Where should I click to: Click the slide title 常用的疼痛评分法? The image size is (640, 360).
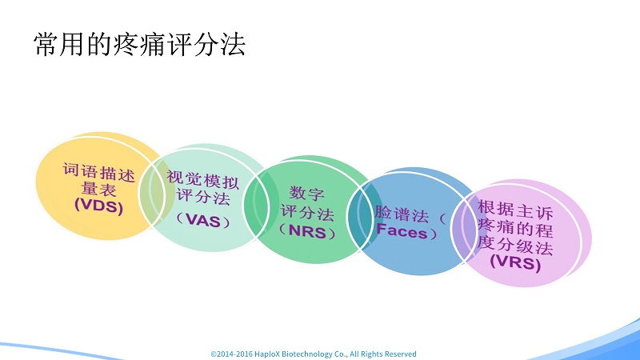pos(139,44)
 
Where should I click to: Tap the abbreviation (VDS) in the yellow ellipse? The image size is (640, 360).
pos(98,206)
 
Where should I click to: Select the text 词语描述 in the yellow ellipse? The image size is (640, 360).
pos(98,172)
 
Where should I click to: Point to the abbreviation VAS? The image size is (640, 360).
pos(203,221)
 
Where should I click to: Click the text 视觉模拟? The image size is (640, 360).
pos(203,180)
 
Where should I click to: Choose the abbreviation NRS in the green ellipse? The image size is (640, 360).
pos(307,231)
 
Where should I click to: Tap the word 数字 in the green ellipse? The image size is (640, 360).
pos(307,193)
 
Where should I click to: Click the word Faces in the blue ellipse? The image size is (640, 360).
pos(402,231)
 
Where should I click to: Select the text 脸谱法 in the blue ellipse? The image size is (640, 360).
pos(402,214)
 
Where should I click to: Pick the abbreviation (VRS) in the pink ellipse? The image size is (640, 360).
pos(515,262)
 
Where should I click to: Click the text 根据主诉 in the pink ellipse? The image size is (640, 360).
pos(515,210)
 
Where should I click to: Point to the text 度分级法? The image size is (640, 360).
pos(515,246)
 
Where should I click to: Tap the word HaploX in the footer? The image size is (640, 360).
pos(267,354)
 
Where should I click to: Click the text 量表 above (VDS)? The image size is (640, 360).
pos(98,189)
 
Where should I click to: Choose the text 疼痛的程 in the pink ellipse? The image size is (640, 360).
pos(515,228)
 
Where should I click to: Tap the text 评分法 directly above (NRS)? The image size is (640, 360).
pos(307,212)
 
